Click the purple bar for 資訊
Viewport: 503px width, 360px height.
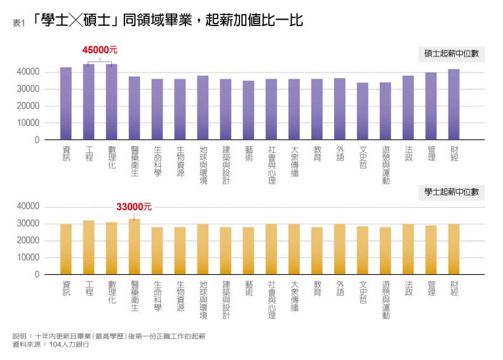66,103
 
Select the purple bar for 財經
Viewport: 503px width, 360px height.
454,105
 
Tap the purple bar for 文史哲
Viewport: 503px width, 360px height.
363,111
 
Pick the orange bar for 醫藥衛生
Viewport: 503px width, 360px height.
135,247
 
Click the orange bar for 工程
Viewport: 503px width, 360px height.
89,248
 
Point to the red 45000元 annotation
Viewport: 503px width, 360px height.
100,50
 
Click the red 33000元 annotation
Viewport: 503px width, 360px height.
134,207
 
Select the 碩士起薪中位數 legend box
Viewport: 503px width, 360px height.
451,55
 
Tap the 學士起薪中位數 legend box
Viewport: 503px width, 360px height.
451,192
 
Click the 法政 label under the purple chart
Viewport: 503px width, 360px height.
408,154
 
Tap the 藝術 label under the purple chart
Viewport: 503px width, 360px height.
248,154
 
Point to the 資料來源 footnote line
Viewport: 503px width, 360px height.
51,345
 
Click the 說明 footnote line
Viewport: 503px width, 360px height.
109,336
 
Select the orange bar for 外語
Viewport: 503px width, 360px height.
340,249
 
